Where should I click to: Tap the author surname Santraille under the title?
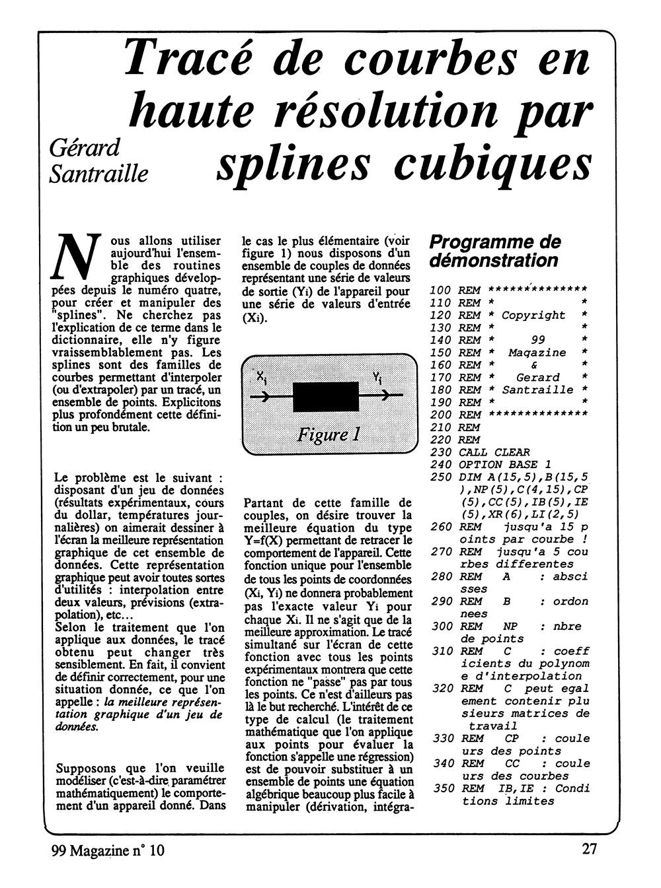click(99, 173)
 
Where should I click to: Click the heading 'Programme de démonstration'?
click(494, 251)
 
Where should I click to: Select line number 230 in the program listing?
click(441, 452)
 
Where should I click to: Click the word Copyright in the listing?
click(533, 315)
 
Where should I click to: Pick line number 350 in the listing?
click(441, 788)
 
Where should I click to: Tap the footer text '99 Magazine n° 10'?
click(108, 851)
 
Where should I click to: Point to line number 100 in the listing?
click(441, 290)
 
